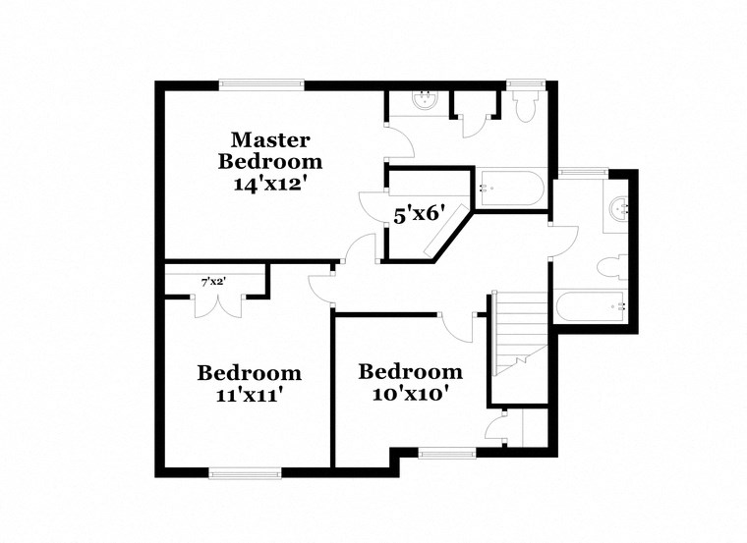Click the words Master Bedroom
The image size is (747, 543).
coord(270,150)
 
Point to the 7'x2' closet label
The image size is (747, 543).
coord(212,282)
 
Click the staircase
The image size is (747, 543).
coord(518,334)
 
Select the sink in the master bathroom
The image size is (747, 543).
coord(426,99)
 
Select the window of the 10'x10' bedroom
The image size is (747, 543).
coord(446,453)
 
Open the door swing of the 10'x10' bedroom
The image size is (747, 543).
coord(455,324)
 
